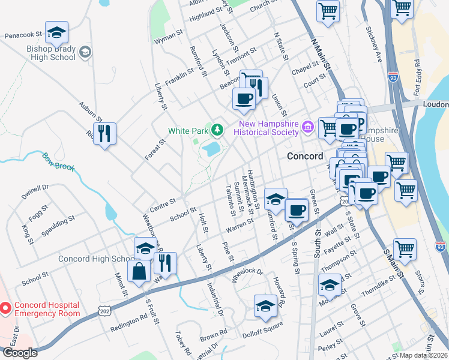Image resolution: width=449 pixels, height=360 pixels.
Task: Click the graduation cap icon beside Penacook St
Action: point(56,32)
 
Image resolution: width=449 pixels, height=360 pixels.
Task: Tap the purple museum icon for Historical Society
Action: point(308,126)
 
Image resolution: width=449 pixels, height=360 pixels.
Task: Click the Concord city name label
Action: point(305,155)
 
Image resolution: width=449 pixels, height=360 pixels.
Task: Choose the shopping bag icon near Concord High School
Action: point(139,270)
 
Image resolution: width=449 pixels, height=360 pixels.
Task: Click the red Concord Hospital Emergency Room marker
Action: point(5,308)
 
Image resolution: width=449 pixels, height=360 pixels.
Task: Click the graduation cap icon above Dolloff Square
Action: point(265,306)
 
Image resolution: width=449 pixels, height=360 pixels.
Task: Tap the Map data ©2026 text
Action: point(423,355)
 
